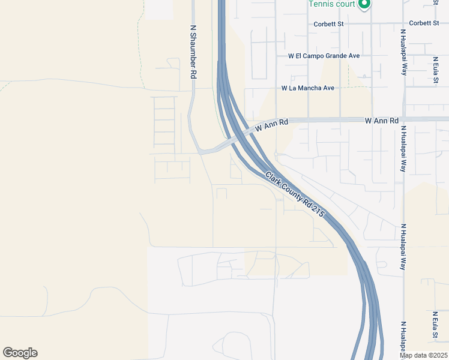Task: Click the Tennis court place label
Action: pos(331,4)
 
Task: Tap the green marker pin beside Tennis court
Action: pos(363,5)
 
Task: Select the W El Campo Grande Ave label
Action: pos(324,56)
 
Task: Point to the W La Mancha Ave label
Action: pos(308,88)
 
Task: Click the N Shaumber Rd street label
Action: pos(193,52)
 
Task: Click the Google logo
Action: pos(20,353)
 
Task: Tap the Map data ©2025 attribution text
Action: pos(424,355)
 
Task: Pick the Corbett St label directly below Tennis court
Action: pos(328,24)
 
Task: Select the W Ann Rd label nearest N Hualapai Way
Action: pos(382,121)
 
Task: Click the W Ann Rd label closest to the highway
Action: pos(272,125)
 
